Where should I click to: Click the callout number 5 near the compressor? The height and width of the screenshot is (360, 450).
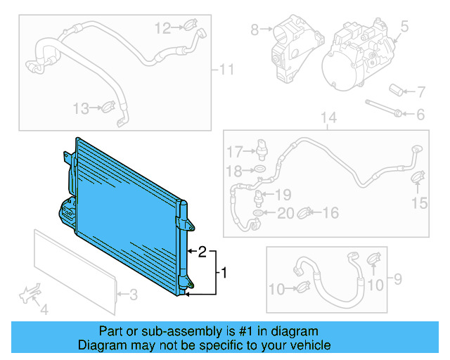pos(404,27)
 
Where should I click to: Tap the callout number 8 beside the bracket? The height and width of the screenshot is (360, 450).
pos(255,30)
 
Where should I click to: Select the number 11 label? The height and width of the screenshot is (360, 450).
pos(226,69)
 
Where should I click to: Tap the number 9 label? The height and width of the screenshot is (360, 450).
pos(398,281)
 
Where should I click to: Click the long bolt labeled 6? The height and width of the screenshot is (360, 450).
pos(383,109)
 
